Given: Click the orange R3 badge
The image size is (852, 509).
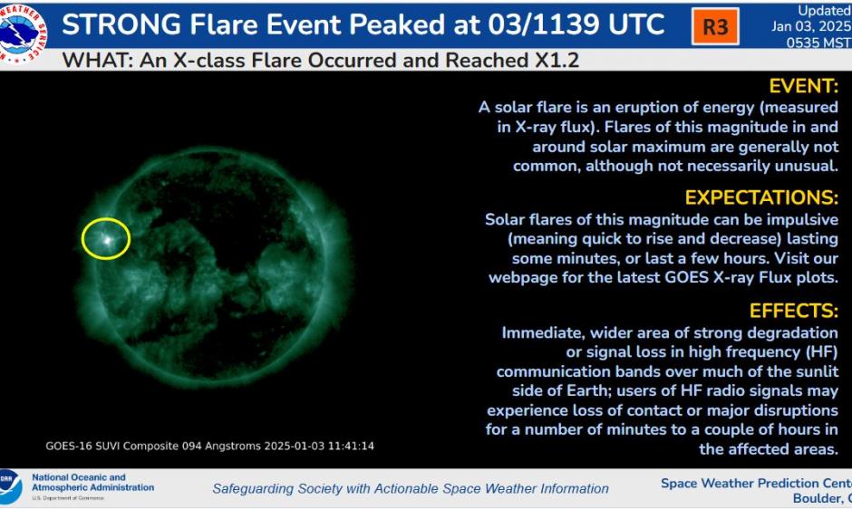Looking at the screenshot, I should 715,26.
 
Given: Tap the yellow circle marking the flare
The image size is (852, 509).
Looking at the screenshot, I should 106,239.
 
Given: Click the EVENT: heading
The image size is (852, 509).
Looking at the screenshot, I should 803,87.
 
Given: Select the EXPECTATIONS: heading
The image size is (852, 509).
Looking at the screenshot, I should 761,198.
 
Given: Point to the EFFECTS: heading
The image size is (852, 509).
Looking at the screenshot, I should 793,312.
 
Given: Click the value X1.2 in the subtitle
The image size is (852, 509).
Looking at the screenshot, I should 555,61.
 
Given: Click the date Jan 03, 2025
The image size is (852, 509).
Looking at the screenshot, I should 810,26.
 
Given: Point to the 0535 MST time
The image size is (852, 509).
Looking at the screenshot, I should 818,42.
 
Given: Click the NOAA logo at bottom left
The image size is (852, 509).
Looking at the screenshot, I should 10,487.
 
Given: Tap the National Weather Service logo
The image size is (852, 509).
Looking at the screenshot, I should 23,32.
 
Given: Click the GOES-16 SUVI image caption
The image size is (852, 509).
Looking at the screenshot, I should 209,447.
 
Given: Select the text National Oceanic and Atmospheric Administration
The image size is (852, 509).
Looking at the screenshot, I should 92,483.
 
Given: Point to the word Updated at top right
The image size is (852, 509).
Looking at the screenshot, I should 823,11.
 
